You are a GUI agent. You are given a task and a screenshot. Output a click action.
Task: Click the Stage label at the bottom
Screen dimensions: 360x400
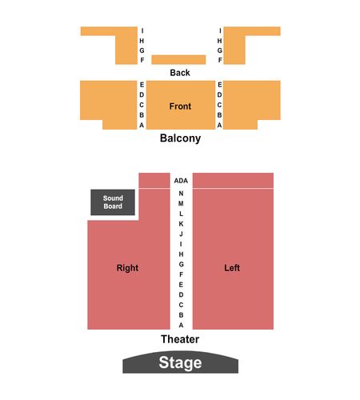[x=180, y=362]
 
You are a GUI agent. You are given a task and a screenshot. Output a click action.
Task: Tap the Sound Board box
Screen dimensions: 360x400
[x=113, y=202]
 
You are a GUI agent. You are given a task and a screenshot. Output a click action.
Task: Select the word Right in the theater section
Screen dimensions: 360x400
[x=127, y=268]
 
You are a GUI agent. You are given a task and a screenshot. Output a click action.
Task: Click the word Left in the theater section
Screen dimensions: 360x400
[x=232, y=268]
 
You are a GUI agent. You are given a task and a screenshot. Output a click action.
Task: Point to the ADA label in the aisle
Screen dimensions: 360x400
[x=181, y=181]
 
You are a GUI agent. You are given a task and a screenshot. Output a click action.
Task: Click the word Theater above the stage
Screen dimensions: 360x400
[x=180, y=339]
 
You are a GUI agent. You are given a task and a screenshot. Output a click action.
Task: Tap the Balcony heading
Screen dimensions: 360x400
[x=180, y=138]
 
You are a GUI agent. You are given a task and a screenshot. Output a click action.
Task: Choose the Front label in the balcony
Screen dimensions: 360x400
[x=180, y=106]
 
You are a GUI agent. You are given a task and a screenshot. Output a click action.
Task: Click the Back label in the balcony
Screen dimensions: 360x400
[x=180, y=73]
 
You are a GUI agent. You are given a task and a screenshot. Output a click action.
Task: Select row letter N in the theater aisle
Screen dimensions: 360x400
[x=181, y=194]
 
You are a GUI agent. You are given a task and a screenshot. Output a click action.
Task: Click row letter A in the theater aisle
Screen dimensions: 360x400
[x=181, y=325]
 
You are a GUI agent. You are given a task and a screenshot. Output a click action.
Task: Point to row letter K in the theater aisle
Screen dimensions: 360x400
[x=181, y=224]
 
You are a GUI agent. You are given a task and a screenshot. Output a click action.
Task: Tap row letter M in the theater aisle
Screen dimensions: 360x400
[x=181, y=203]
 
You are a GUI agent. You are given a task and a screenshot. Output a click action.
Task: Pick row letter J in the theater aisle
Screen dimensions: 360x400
[x=181, y=234]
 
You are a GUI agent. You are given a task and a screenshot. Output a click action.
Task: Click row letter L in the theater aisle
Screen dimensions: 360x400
[x=181, y=214]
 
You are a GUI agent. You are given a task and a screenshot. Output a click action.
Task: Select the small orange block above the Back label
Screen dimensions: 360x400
[x=178, y=60]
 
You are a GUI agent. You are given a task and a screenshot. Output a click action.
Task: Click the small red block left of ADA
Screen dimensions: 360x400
[x=154, y=180]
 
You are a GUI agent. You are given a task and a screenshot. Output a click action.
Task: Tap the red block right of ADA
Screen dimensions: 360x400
[x=233, y=180]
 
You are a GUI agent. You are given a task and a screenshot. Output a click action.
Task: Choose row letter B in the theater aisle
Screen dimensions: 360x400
[x=181, y=315]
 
